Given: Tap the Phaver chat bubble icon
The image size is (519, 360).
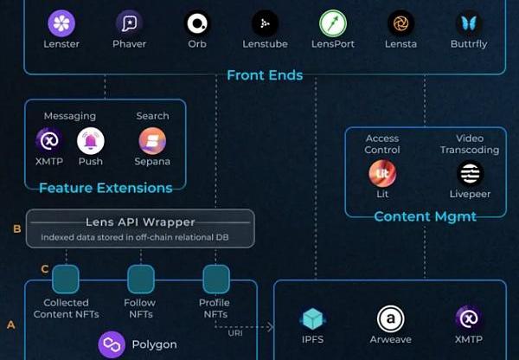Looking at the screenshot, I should click(x=129, y=22).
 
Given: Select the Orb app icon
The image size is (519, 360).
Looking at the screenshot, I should click(x=197, y=22).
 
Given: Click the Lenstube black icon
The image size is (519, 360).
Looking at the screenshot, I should click(x=265, y=22).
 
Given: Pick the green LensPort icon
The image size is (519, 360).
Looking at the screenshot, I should click(x=332, y=22).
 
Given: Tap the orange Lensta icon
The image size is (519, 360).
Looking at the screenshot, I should click(x=400, y=22).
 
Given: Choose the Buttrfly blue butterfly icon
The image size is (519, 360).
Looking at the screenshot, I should click(x=468, y=22).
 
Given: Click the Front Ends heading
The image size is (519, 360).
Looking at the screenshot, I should click(x=265, y=75).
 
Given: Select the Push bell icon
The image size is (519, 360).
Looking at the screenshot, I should click(x=90, y=140).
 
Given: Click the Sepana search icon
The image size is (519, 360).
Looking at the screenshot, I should click(x=152, y=140).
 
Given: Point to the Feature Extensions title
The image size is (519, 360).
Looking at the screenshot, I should click(x=105, y=187).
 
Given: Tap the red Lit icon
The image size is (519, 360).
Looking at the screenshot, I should click(x=382, y=173).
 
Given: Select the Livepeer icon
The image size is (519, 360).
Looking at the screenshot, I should click(x=470, y=173).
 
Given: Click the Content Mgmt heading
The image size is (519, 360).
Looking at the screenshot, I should click(x=425, y=216).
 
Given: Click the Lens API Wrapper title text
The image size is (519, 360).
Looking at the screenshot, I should click(x=140, y=222).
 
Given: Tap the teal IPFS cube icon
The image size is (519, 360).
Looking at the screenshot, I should click(x=312, y=318).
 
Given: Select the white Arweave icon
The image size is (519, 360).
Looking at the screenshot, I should click(x=391, y=318).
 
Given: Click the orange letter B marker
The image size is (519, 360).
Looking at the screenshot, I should click(x=16, y=229).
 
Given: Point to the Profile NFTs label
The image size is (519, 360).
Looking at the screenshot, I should click(x=214, y=308).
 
